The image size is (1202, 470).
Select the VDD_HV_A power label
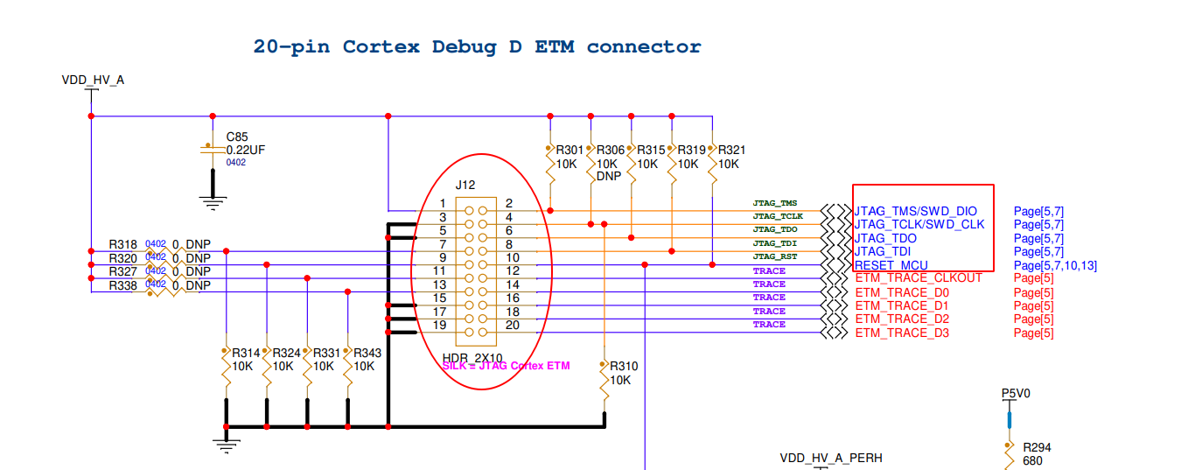(x=93, y=81)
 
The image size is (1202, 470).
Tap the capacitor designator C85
(x=237, y=137)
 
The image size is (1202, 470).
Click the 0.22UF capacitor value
(x=246, y=150)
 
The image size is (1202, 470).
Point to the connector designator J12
(x=465, y=186)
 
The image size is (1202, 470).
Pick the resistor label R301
(x=570, y=151)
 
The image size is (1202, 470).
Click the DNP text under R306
(x=608, y=176)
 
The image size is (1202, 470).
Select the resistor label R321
(x=731, y=151)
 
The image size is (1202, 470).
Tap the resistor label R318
(x=123, y=244)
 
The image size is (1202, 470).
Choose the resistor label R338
(x=123, y=286)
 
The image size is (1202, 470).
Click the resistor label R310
(x=625, y=367)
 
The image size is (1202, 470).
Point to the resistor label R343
(x=368, y=354)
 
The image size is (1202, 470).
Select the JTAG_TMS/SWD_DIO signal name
(x=915, y=212)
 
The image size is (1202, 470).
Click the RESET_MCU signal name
(x=891, y=266)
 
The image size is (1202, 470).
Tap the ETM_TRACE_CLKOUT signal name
(x=919, y=278)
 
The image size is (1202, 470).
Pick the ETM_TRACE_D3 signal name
(x=902, y=333)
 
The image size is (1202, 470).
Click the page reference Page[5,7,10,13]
(x=1055, y=266)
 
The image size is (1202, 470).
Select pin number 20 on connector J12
(x=513, y=326)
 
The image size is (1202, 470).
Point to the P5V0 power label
(x=1016, y=394)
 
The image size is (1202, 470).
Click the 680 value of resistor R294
(x=1032, y=461)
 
